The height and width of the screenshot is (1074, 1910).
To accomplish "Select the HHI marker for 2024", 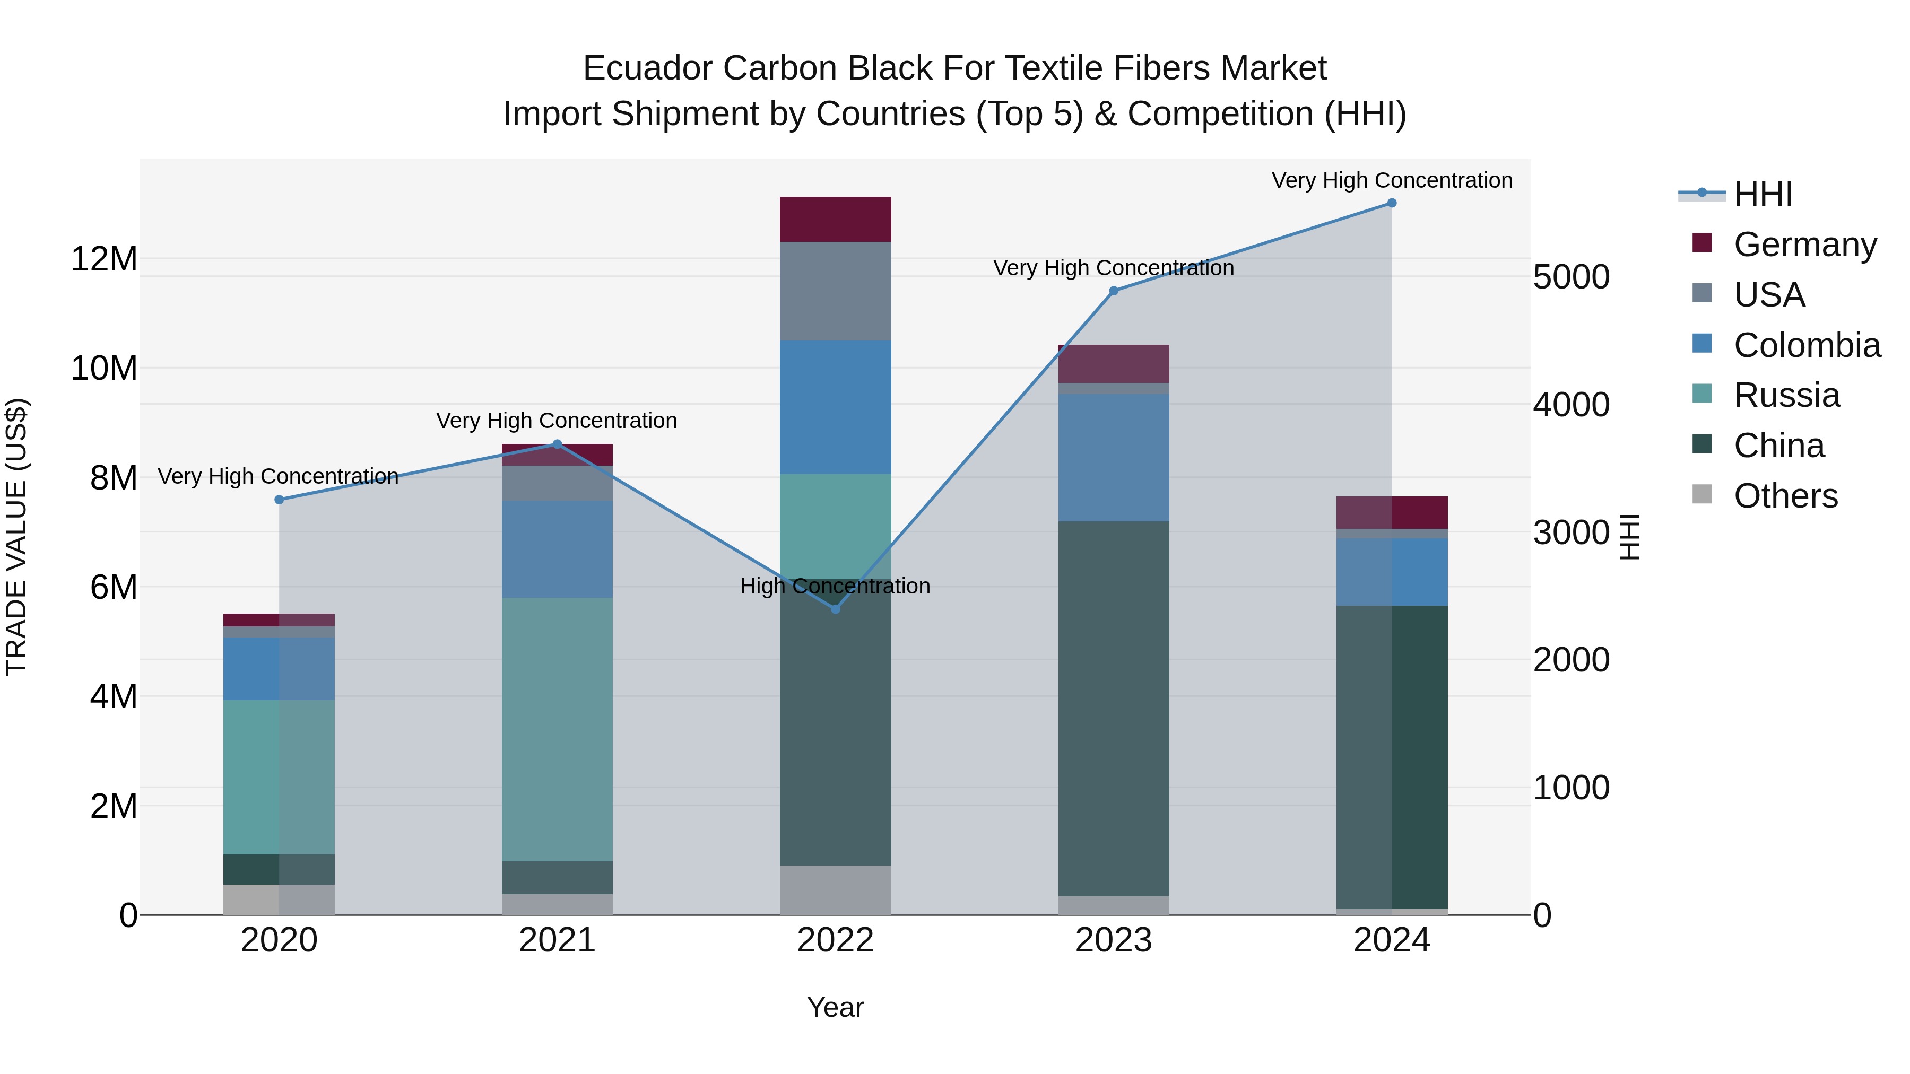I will click(x=1392, y=203).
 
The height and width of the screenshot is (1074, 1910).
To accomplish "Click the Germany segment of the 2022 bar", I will click(x=836, y=220).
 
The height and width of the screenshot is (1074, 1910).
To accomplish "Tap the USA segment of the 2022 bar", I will click(x=836, y=291).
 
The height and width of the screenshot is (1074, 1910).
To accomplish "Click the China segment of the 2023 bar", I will click(x=1114, y=709).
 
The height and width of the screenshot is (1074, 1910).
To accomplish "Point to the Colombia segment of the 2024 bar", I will click(x=1392, y=572).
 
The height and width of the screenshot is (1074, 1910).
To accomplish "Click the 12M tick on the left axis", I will click(x=104, y=259).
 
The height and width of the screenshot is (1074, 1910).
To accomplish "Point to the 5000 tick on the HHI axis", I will click(x=1571, y=277).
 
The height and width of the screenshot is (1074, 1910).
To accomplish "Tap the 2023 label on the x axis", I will click(x=1114, y=940).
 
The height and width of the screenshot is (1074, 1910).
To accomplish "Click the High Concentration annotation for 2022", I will click(x=835, y=586).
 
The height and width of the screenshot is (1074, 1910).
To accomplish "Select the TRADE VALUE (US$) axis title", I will click(x=16, y=537).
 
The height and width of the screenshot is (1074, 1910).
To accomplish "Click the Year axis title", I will click(x=836, y=1007).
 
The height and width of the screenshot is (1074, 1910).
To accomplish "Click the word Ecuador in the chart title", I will click(x=647, y=68).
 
